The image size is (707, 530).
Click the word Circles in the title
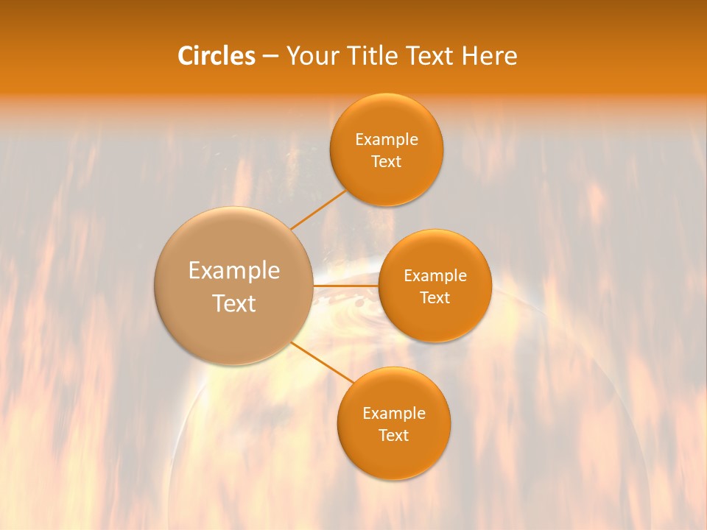click(216, 56)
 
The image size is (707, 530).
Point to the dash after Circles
click(270, 57)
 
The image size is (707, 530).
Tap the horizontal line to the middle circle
click(345, 286)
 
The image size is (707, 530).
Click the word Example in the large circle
click(234, 271)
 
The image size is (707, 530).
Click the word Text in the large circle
click(234, 303)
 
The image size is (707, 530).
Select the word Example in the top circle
click(387, 140)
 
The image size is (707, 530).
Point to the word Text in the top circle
click(386, 162)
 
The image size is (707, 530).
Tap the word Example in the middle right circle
click(435, 276)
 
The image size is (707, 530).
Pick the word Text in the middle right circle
click(435, 298)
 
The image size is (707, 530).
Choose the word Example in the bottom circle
click(394, 414)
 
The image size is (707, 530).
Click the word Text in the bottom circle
click(393, 436)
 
